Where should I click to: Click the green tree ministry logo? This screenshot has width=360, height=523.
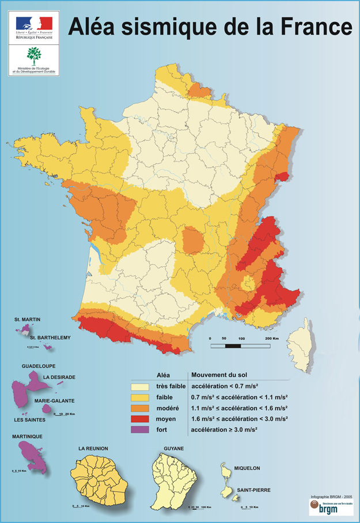(x=34, y=56)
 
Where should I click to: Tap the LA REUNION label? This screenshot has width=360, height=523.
(x=93, y=448)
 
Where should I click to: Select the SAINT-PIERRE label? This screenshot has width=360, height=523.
(x=254, y=490)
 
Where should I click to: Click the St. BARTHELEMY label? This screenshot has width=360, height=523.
(x=51, y=338)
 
